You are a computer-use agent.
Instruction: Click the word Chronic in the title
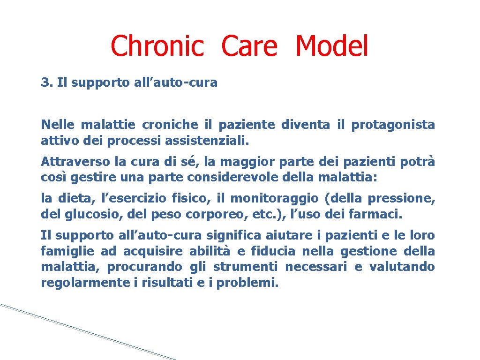pyautogui.click(x=157, y=46)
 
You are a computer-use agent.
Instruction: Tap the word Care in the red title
pyautogui.click(x=249, y=46)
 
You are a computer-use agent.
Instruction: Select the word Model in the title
pyautogui.click(x=332, y=46)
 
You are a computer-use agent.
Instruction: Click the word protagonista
pyautogui.click(x=393, y=125)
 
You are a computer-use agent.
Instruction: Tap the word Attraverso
pyautogui.click(x=75, y=162)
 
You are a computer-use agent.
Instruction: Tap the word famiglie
pyautogui.click(x=67, y=251)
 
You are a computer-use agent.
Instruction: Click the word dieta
pyautogui.click(x=69, y=199)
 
